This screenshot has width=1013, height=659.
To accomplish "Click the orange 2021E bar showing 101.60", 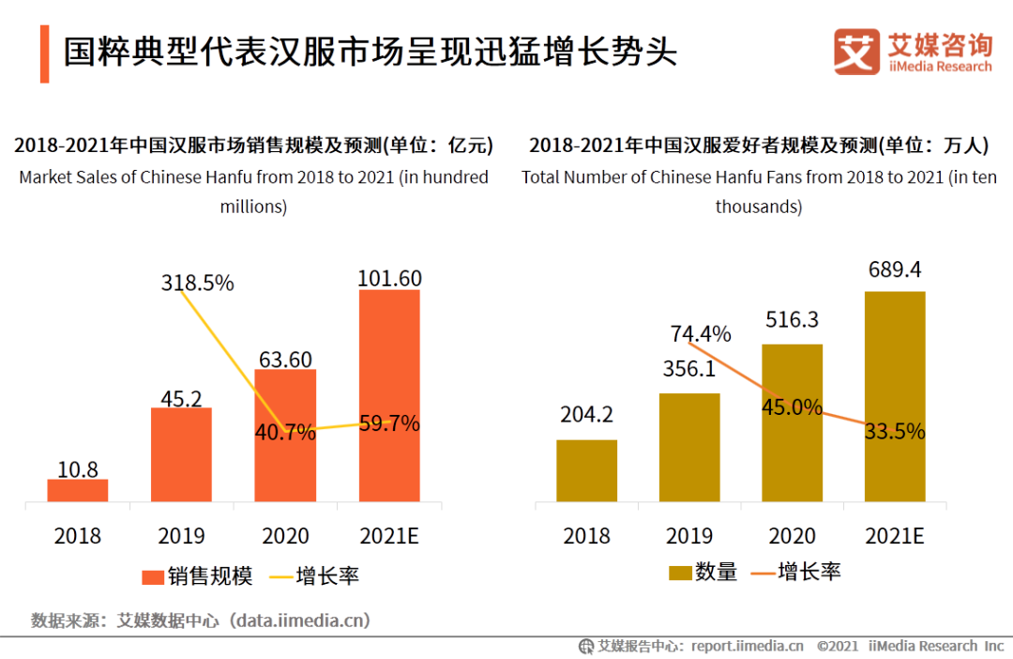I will [389, 394].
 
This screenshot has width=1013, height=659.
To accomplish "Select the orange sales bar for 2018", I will [78, 490].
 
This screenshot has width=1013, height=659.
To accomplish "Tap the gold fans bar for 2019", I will [689, 447].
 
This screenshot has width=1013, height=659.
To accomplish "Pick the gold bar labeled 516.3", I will [792, 422].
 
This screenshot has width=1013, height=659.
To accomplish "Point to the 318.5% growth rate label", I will [197, 282].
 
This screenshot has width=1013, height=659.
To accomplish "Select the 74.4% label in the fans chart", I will [701, 333].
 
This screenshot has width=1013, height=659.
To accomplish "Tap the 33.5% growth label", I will [895, 431].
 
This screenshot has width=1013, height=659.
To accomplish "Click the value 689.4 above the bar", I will [895, 269].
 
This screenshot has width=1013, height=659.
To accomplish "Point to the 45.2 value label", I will [181, 399].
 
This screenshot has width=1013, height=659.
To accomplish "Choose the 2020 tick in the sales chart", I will [285, 536].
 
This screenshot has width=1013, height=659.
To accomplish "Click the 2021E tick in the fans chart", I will [895, 536].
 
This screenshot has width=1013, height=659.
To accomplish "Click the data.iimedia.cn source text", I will [302, 621].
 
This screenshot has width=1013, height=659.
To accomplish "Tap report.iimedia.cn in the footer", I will [748, 646].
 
